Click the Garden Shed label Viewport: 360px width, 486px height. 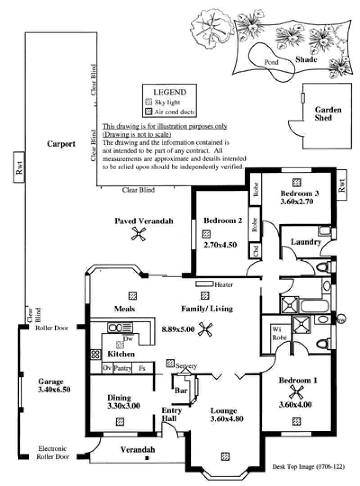pos(328,114)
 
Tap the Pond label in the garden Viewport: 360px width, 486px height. pos(271,62)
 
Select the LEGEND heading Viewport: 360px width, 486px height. pos(170,92)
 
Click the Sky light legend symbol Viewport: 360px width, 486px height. pos(149,102)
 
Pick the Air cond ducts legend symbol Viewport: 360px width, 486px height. pos(149,112)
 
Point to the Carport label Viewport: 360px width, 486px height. pos(61,144)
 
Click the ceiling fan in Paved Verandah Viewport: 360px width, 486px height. pos(139,234)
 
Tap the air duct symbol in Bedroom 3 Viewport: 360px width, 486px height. pos(297,182)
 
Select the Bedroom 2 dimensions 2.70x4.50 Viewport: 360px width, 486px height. pos(220,245)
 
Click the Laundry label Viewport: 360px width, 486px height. pos(306,242)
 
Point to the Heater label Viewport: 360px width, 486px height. pos(224,284)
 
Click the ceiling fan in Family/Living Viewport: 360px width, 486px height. pos(205,329)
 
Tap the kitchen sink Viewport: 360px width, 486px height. pos(120,327)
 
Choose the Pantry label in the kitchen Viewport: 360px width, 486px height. pos(122,368)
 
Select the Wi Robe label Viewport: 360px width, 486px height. pos(279,333)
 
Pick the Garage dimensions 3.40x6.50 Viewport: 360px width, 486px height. pos(54,390)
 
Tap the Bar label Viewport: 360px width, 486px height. pos(181,390)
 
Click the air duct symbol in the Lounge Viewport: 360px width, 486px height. pos(225,456)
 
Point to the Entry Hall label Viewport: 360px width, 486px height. pos(171,414)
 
